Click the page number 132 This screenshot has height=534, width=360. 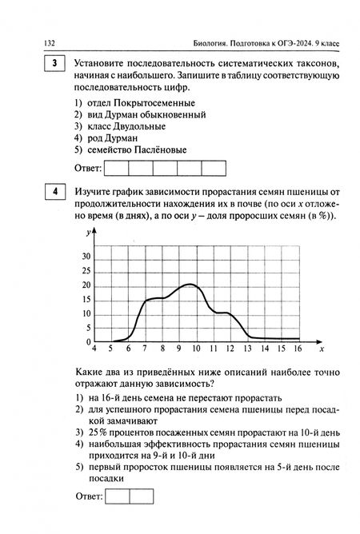tap(37, 42)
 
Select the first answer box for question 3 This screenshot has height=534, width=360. tap(116, 168)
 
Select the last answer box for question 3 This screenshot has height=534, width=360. tap(213, 168)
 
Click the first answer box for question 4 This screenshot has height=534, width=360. tap(117, 496)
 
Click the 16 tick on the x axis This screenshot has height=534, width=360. tap(297, 349)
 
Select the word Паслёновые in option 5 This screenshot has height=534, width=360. tap(162, 149)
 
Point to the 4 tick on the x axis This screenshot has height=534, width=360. tap(94, 349)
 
